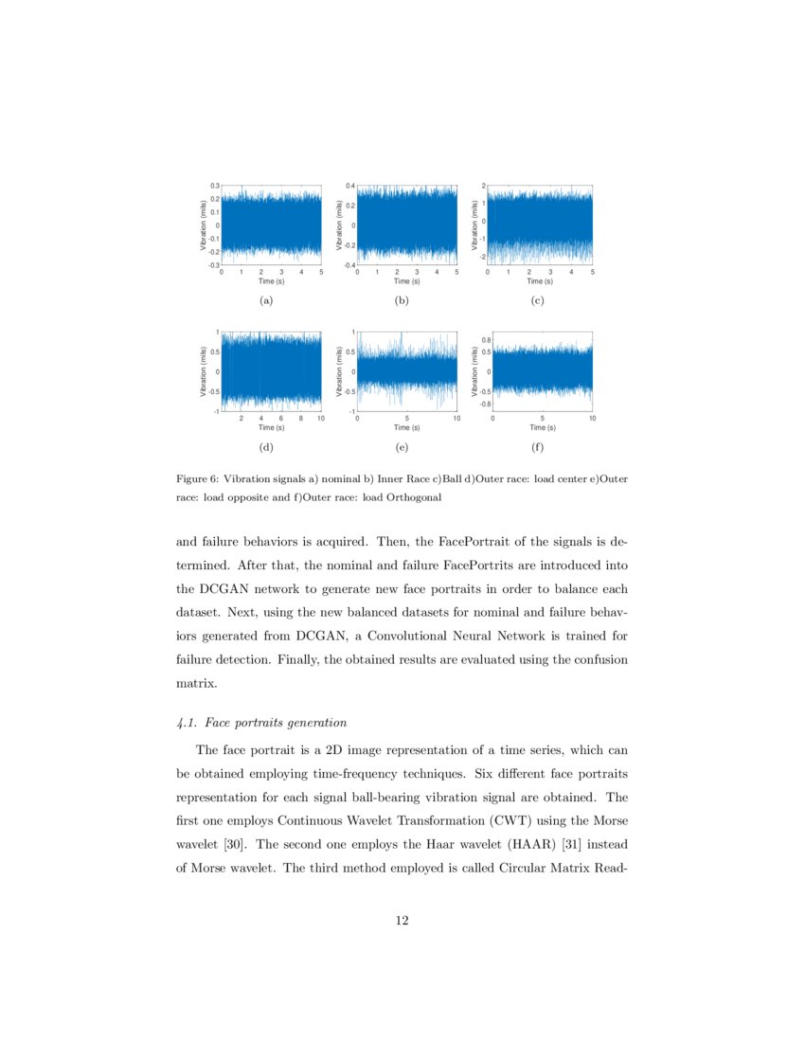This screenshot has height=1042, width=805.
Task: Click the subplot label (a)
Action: pos(266,301)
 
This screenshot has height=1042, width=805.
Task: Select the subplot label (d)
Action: pos(266,447)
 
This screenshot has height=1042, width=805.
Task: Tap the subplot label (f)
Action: pos(538,447)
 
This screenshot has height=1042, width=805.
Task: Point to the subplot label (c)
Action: pos(538,301)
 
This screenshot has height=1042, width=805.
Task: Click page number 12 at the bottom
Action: pos(402,919)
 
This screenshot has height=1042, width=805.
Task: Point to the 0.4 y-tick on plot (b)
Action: pos(349,186)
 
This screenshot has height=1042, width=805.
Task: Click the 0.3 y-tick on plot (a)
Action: pos(214,186)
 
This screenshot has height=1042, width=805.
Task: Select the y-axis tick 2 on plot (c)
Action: pos(483,186)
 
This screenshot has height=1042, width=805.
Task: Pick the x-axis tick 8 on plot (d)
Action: pos(301,418)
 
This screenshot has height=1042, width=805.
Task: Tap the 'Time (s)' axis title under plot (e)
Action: pos(406,428)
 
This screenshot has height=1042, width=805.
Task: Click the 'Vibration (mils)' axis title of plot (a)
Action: pos(203,225)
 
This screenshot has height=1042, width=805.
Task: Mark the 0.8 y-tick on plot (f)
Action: pos(485,339)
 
